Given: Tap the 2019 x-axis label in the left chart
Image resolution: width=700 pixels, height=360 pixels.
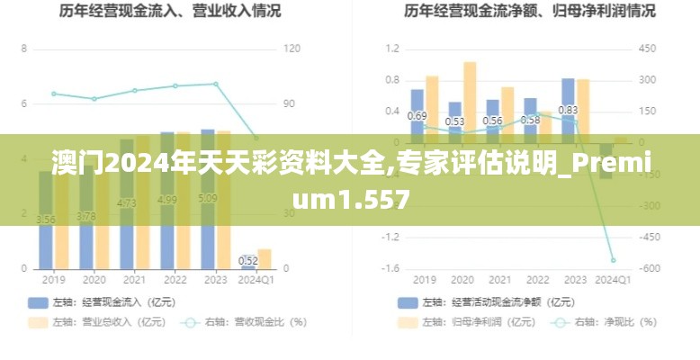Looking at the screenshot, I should (54, 280).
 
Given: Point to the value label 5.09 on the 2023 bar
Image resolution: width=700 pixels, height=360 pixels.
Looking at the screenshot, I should (208, 198).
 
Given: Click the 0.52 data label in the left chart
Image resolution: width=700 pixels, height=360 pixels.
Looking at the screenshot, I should (248, 261).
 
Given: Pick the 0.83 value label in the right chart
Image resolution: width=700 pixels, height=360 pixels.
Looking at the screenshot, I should (568, 111).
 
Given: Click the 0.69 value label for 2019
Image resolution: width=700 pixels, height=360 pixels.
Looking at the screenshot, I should (417, 116).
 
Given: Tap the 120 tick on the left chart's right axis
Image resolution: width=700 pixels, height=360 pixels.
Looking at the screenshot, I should (292, 49).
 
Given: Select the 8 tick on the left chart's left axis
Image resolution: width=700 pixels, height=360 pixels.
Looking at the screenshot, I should (24, 49).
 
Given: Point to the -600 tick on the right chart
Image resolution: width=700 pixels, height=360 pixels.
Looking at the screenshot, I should (651, 268).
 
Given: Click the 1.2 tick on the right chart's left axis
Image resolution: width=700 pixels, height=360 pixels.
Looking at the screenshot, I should (391, 49).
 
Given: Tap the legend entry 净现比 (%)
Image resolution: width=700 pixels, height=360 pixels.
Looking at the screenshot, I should (603, 321).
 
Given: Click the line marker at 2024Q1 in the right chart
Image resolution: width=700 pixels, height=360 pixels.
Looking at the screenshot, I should (613, 260).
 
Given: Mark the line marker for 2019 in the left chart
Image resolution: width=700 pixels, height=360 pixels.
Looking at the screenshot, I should (54, 94).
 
